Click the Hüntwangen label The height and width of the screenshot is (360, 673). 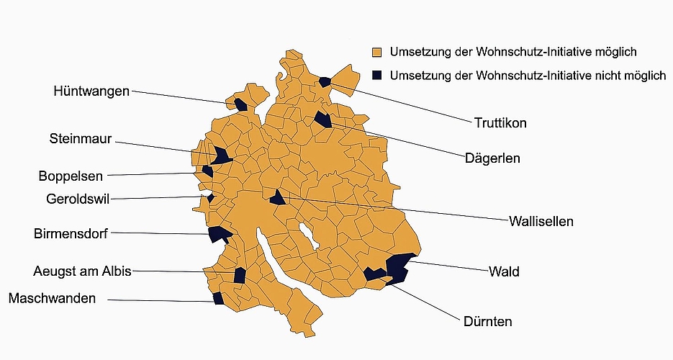[x=91, y=91]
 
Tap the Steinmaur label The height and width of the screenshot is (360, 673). [x=81, y=139]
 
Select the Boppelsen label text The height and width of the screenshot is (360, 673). [x=71, y=176]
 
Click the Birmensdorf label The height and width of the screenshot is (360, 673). [x=71, y=234]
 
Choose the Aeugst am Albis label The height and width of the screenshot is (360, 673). [x=82, y=271]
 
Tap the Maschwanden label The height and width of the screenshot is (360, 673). [x=52, y=298]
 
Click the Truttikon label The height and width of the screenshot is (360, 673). [x=500, y=123]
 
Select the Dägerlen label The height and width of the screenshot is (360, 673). [x=492, y=158]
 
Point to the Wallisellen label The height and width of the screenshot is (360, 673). [x=541, y=221]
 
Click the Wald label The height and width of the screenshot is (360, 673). [x=504, y=271]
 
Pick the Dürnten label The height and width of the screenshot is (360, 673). [x=488, y=322]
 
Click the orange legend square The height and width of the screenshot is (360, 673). [x=376, y=53]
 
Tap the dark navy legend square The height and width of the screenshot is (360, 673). [x=376, y=75]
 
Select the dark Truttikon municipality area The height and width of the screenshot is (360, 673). [x=325, y=82]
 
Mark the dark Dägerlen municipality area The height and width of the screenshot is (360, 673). [x=322, y=120]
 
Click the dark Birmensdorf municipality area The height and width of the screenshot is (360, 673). [x=217, y=234]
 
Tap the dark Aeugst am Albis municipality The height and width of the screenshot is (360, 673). [x=240, y=275]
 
